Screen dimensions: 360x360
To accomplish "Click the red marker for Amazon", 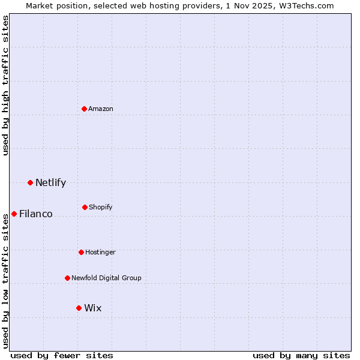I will click(85, 109).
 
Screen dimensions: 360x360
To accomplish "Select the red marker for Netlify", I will click(30, 182).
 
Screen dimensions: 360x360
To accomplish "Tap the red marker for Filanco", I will click(14, 214).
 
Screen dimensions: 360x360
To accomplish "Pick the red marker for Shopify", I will click(85, 207).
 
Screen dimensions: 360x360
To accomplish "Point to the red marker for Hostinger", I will click(81, 252).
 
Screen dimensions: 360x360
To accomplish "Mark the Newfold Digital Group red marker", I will click(67, 278).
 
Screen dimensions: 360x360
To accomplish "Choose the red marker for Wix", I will click(79, 308).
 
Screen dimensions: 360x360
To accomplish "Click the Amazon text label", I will click(101, 109).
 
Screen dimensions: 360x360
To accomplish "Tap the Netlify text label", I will click(50, 182).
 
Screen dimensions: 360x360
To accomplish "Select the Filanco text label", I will click(36, 214).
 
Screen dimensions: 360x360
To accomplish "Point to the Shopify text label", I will click(101, 207).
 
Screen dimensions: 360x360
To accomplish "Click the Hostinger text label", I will click(100, 252).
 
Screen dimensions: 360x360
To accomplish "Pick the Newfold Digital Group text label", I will click(106, 278).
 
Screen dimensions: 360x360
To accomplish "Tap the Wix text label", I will click(93, 308).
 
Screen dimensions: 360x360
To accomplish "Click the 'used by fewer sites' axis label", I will click(62, 355).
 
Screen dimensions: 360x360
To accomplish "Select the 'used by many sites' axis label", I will click(301, 355).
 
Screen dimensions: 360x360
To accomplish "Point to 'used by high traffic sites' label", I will click(5, 85).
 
